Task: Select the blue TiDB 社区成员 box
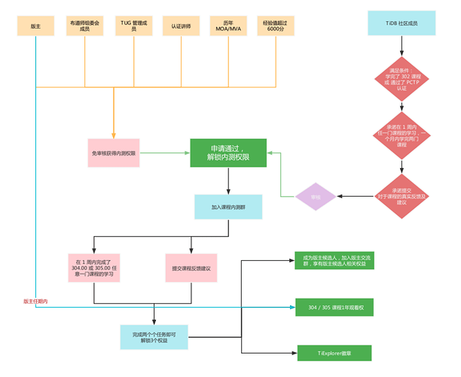401,24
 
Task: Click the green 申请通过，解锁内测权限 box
227,153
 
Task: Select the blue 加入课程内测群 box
227,207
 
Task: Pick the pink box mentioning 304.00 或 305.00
94,268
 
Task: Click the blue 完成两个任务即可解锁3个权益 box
154,336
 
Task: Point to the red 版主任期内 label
35,302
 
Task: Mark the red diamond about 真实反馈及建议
401,196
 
